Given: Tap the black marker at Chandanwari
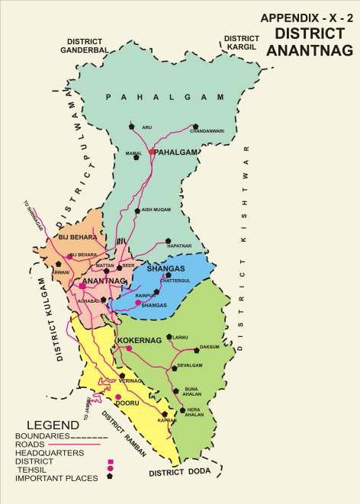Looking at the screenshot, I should [x=196, y=125].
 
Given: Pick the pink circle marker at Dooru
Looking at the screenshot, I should [x=118, y=396].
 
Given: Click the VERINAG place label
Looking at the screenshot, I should [x=131, y=379].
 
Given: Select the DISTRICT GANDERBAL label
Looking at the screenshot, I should [x=86, y=45].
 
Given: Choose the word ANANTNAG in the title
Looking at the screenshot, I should [x=312, y=51].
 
